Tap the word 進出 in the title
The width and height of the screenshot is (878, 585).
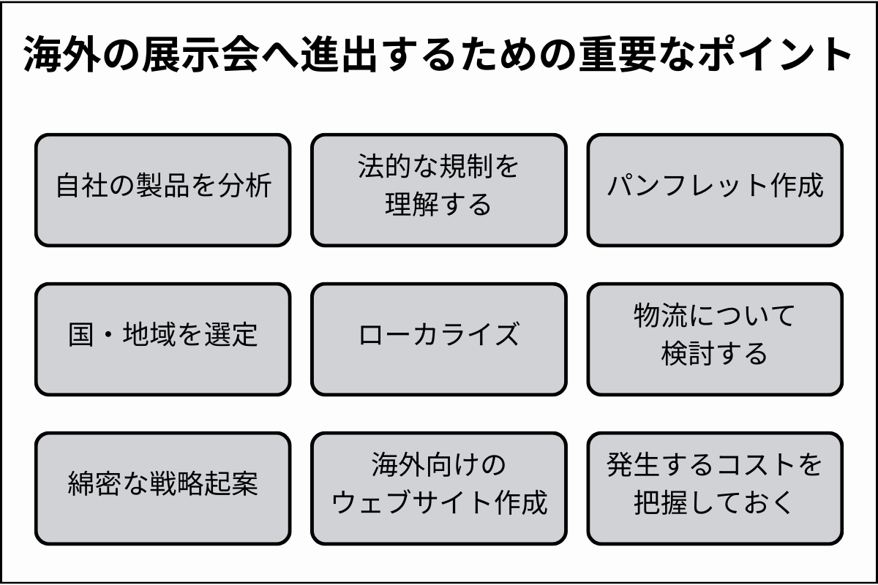pyautogui.click(x=334, y=56)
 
